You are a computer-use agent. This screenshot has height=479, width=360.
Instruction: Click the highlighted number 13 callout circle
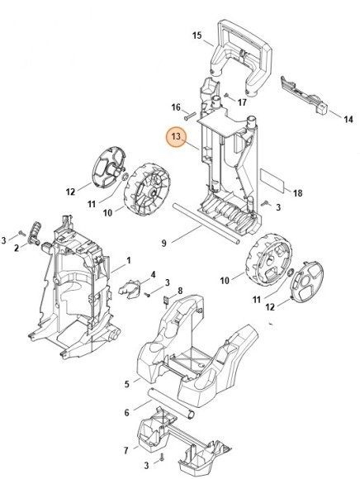click(177, 136)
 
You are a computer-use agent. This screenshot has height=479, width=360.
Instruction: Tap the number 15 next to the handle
click(197, 36)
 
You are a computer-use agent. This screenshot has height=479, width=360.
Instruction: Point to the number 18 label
click(298, 193)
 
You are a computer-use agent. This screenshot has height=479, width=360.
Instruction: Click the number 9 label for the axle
click(163, 243)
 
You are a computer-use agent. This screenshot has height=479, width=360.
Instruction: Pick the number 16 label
click(176, 107)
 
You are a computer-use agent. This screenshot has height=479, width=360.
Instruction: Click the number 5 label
click(126, 383)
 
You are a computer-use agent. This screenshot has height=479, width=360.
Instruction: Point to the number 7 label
click(126, 450)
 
